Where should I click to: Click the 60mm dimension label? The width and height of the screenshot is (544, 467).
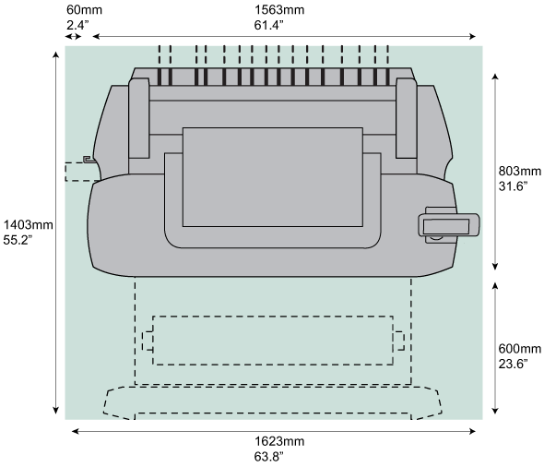click(84, 10)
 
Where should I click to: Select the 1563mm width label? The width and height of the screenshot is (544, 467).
click(279, 10)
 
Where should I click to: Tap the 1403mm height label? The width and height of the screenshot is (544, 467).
click(28, 224)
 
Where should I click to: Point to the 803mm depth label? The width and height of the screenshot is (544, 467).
click(519, 171)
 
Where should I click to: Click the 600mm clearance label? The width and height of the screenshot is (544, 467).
click(519, 348)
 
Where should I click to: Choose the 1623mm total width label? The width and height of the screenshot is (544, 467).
click(279, 441)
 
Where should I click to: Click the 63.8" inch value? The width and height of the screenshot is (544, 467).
click(268, 457)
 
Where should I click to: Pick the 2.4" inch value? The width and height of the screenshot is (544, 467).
click(77, 25)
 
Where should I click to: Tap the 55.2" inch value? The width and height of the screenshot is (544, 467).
click(18, 240)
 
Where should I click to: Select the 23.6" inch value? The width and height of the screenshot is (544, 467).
click(514, 364)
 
